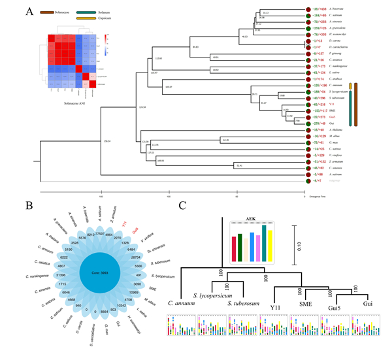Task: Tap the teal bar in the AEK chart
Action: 242,245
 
